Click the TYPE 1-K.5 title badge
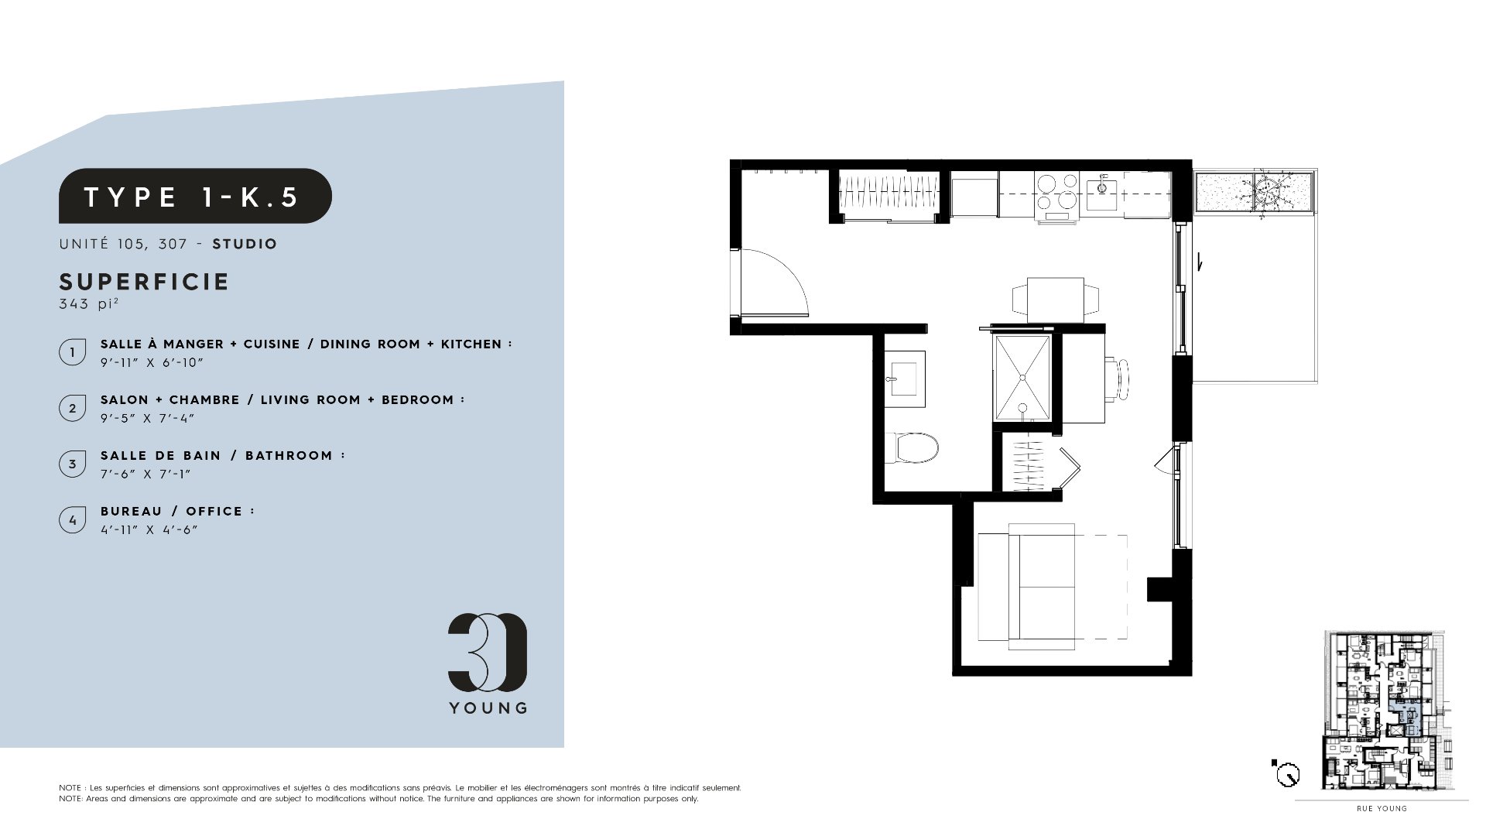[x=195, y=196]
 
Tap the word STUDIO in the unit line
[x=245, y=244]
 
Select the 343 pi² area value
[x=88, y=303]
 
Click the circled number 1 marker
[x=73, y=352]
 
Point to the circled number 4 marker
[x=73, y=520]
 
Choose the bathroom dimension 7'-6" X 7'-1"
[x=146, y=474]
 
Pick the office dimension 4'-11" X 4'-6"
[x=149, y=529]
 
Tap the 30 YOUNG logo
[x=488, y=663]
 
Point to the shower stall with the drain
[x=1022, y=378]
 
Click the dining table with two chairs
[x=1056, y=299]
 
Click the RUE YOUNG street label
[x=1382, y=809]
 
